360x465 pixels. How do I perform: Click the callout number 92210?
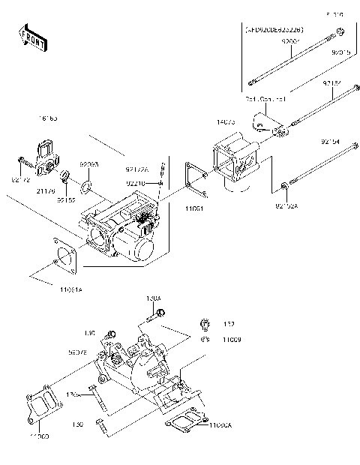pyautogui.click(x=136, y=182)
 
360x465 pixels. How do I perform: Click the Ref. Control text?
pyautogui.click(x=260, y=98)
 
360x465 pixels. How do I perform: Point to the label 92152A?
pyautogui.click(x=286, y=204)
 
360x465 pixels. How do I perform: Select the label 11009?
pyautogui.click(x=230, y=340)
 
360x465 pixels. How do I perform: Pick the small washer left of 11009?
pyautogui.click(x=203, y=339)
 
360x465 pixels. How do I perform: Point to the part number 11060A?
pyautogui.click(x=223, y=425)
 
